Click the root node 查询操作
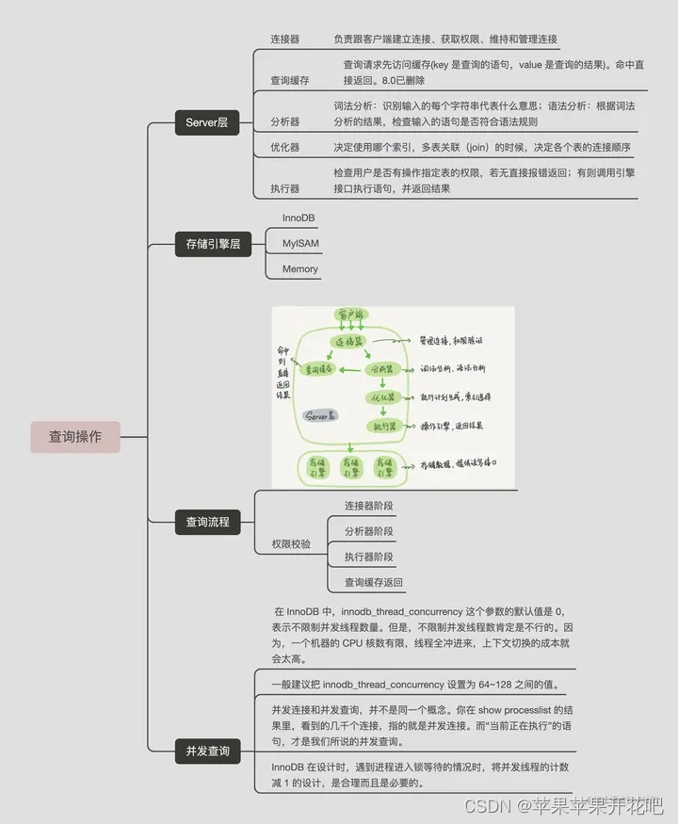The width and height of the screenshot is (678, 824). (x=75, y=437)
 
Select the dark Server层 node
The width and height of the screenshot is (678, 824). (x=206, y=123)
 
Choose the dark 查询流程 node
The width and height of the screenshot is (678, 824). (x=207, y=522)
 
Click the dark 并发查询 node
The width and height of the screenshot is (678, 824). (x=207, y=751)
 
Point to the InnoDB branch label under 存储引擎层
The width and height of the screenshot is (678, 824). (x=299, y=218)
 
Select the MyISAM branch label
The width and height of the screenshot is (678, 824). (x=300, y=243)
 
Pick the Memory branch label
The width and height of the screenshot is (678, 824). (x=300, y=268)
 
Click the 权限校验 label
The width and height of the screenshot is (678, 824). (x=291, y=543)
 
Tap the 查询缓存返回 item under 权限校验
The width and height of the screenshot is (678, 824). (x=373, y=582)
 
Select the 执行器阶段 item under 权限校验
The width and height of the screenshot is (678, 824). (x=369, y=557)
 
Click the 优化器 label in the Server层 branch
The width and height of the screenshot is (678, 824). (x=285, y=148)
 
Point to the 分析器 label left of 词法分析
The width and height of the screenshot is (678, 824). (x=285, y=121)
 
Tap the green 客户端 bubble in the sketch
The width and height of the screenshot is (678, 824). (x=350, y=315)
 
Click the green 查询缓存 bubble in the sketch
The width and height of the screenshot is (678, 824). (x=317, y=370)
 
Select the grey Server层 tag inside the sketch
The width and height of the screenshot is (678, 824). (x=321, y=414)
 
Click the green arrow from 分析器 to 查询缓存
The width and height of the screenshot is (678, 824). (x=352, y=370)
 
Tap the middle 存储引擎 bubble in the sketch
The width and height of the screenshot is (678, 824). (x=350, y=466)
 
